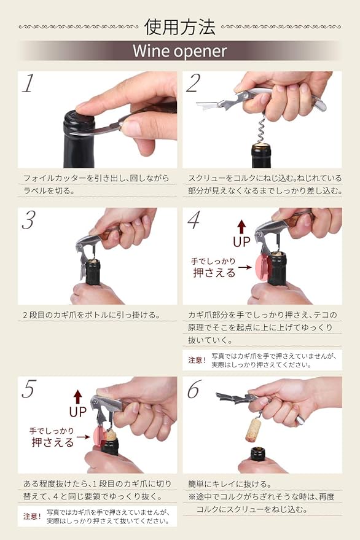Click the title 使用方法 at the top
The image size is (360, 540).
coord(179,26)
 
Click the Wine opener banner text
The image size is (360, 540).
coord(179,51)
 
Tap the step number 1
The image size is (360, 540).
coord(28,84)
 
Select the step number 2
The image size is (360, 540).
coord(194,84)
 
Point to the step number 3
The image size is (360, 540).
coord(28,221)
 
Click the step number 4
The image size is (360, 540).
coord(194,221)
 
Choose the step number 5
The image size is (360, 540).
coord(28,389)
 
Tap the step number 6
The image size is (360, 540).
coord(194,389)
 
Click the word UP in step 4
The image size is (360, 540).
coord(241,241)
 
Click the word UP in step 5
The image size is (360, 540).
coord(77,410)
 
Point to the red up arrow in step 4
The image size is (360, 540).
coord(241,225)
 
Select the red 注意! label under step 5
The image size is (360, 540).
coord(32,516)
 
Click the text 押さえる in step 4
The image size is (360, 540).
coord(214,273)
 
